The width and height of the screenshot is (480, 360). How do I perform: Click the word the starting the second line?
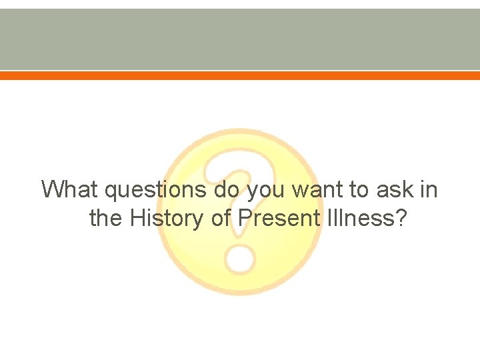[106, 218]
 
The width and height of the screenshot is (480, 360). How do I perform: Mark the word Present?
[277, 218]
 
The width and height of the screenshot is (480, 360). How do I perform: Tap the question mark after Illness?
[400, 218]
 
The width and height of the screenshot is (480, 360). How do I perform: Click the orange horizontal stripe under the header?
[240, 76]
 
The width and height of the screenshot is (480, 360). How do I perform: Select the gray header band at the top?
[240, 39]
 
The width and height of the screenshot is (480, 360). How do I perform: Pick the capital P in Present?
[245, 218]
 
